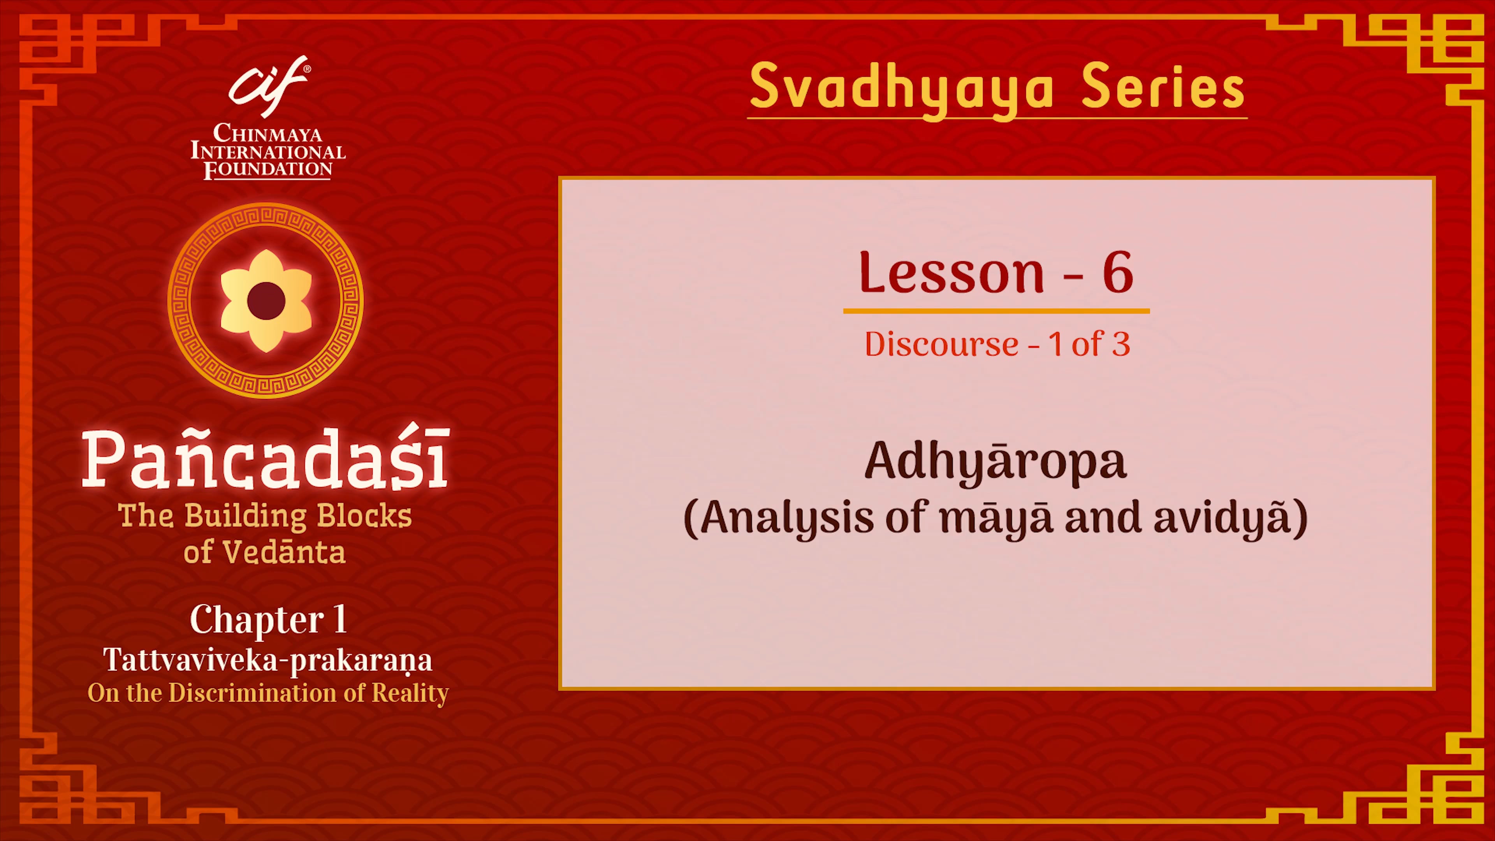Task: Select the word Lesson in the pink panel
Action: click(952, 273)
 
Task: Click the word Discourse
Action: click(941, 345)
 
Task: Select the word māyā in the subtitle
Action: click(996, 518)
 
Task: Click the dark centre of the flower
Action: click(266, 301)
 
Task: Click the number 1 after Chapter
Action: click(340, 619)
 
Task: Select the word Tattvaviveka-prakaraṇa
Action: click(267, 660)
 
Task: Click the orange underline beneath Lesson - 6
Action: click(996, 311)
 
